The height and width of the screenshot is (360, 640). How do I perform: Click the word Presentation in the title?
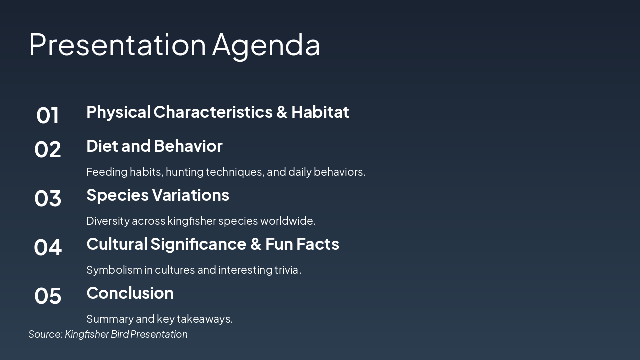point(117,45)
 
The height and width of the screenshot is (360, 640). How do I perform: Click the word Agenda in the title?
point(266,45)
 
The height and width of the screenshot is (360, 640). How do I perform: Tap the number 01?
point(48,115)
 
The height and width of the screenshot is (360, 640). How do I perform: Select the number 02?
point(48,149)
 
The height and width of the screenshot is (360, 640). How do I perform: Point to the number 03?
point(48,198)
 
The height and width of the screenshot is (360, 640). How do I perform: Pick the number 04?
point(48,247)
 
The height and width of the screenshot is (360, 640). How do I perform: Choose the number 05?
point(48,296)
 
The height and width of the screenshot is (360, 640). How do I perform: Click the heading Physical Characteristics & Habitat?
point(217,112)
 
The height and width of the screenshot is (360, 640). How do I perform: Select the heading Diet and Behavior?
point(154,146)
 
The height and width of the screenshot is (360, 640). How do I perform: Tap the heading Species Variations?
point(158,195)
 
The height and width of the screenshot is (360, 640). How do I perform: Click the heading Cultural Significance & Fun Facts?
point(213,244)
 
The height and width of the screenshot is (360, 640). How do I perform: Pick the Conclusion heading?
point(130,293)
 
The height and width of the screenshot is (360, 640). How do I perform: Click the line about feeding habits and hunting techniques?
point(226,172)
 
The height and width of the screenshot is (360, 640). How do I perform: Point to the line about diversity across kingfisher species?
point(201,221)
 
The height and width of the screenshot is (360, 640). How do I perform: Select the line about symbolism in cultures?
point(194,270)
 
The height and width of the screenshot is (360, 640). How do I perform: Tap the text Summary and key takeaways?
point(159,319)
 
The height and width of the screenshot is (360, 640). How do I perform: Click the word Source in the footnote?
point(45,334)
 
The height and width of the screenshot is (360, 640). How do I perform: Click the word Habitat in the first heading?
point(320,112)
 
